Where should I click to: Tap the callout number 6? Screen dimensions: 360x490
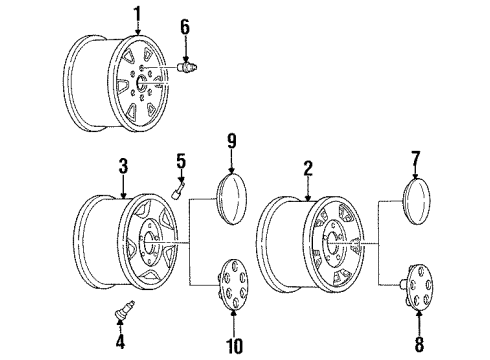coord(183,26)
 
